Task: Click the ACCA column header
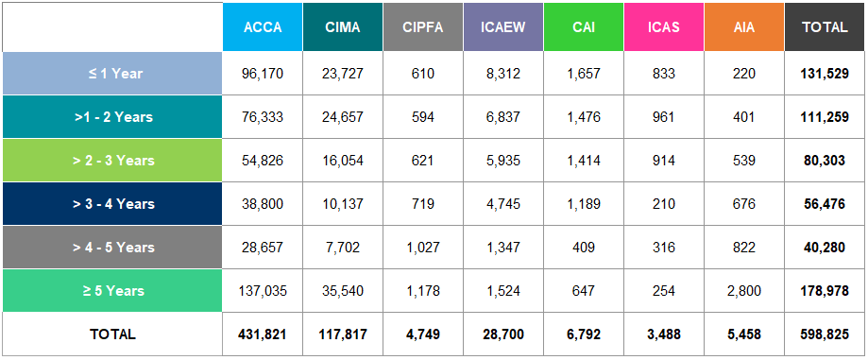[263, 27]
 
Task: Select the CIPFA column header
[423, 27]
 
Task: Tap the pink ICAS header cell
[663, 27]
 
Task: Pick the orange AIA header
[743, 27]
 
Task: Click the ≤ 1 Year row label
[112, 73]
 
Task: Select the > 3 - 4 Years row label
[112, 204]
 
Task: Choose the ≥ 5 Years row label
[112, 291]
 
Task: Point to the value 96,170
[263, 73]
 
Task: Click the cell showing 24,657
[343, 117]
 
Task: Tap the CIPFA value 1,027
[423, 248]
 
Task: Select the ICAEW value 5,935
[503, 161]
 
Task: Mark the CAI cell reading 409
[584, 248]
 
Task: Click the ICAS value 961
[663, 117]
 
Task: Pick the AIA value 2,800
[743, 291]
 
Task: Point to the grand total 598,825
[825, 334]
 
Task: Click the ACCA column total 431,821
[263, 334]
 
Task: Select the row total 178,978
[825, 291]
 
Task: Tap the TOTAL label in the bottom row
[112, 334]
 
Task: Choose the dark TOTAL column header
[825, 27]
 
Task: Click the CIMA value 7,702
[343, 248]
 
